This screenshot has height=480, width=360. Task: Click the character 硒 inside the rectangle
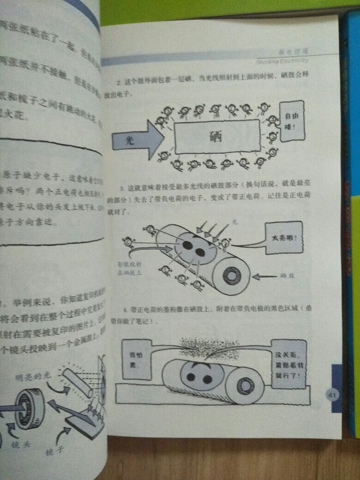tap(216, 136)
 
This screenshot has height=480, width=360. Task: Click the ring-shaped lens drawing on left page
tap(30, 408)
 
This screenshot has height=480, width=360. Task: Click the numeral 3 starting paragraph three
tap(120, 188)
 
